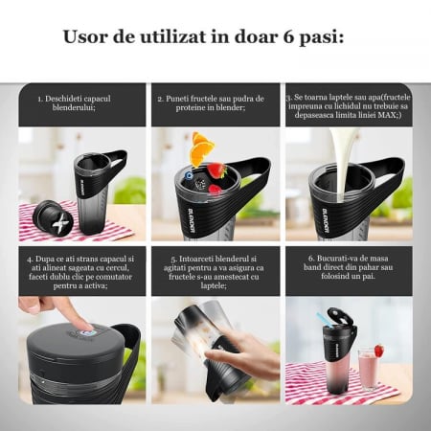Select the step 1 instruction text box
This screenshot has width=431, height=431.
(82, 103)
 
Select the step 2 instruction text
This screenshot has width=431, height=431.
(215, 103)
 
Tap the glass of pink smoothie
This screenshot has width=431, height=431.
(369, 367)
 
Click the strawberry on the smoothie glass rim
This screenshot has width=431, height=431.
(379, 351)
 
